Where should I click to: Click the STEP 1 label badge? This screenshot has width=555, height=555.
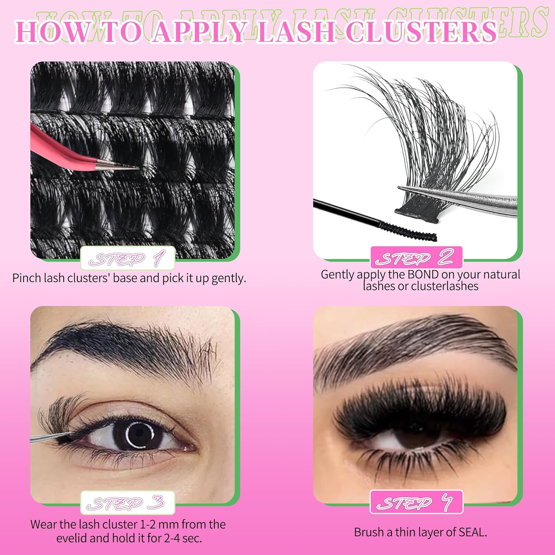pos(128,258)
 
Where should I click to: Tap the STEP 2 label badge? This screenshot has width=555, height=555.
pos(417,257)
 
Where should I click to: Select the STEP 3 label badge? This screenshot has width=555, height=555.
pos(128,502)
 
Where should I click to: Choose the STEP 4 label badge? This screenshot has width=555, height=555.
pos(417,502)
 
